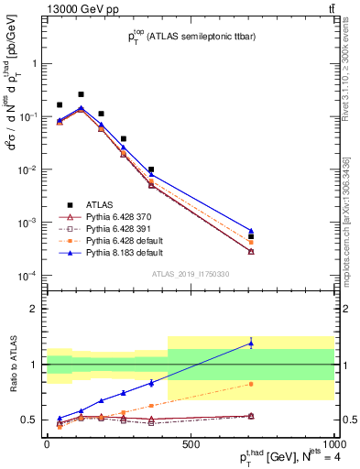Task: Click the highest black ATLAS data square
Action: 81,94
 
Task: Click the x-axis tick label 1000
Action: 332,444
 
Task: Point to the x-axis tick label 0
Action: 47,444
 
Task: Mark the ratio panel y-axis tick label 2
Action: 33,309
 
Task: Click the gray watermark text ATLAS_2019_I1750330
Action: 191,274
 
